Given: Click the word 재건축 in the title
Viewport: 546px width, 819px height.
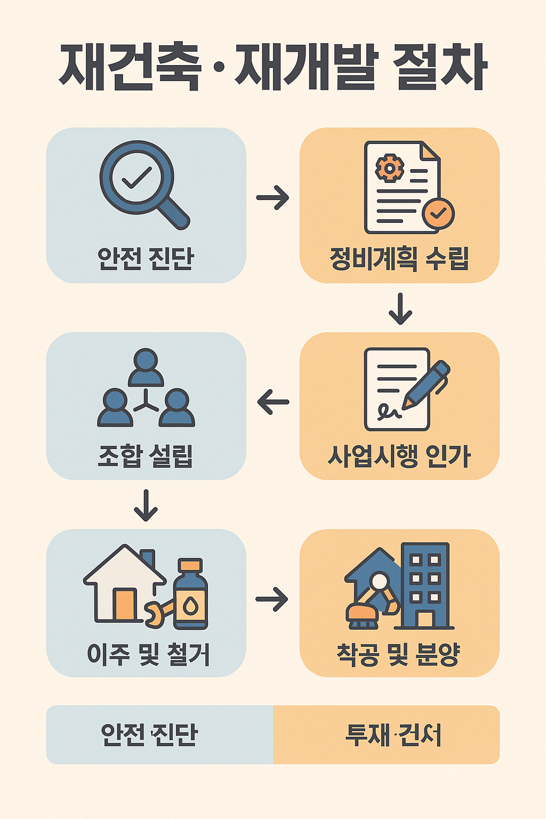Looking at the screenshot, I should point(130,67).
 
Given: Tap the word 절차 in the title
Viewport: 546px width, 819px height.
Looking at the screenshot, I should point(440,67).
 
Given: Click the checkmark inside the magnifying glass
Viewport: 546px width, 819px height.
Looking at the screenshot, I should point(136,178).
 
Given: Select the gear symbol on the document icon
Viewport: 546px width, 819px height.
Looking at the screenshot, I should point(389,169).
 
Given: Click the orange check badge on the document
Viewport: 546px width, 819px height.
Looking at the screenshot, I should point(438,213).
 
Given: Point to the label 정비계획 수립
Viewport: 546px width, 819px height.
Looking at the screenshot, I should point(399,259).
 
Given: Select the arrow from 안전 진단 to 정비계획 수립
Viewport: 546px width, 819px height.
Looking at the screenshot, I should point(272,198).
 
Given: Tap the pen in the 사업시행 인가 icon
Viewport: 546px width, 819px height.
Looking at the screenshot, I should point(427,384).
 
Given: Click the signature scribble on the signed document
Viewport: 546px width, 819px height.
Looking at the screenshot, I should point(389,411).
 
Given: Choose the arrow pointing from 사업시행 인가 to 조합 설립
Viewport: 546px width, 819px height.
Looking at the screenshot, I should point(272,402).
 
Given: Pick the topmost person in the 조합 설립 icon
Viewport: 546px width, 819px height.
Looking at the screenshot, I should point(146,367).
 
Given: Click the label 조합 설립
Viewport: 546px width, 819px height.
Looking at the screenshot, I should point(146,456).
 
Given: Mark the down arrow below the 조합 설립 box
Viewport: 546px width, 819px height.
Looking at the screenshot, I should point(146,505).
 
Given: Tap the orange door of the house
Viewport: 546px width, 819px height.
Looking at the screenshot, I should point(125,605).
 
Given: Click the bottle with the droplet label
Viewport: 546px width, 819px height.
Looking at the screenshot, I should point(190,594).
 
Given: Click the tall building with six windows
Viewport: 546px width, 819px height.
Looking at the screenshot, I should point(425,585).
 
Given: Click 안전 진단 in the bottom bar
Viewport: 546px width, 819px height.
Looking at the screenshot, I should point(149,735).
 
